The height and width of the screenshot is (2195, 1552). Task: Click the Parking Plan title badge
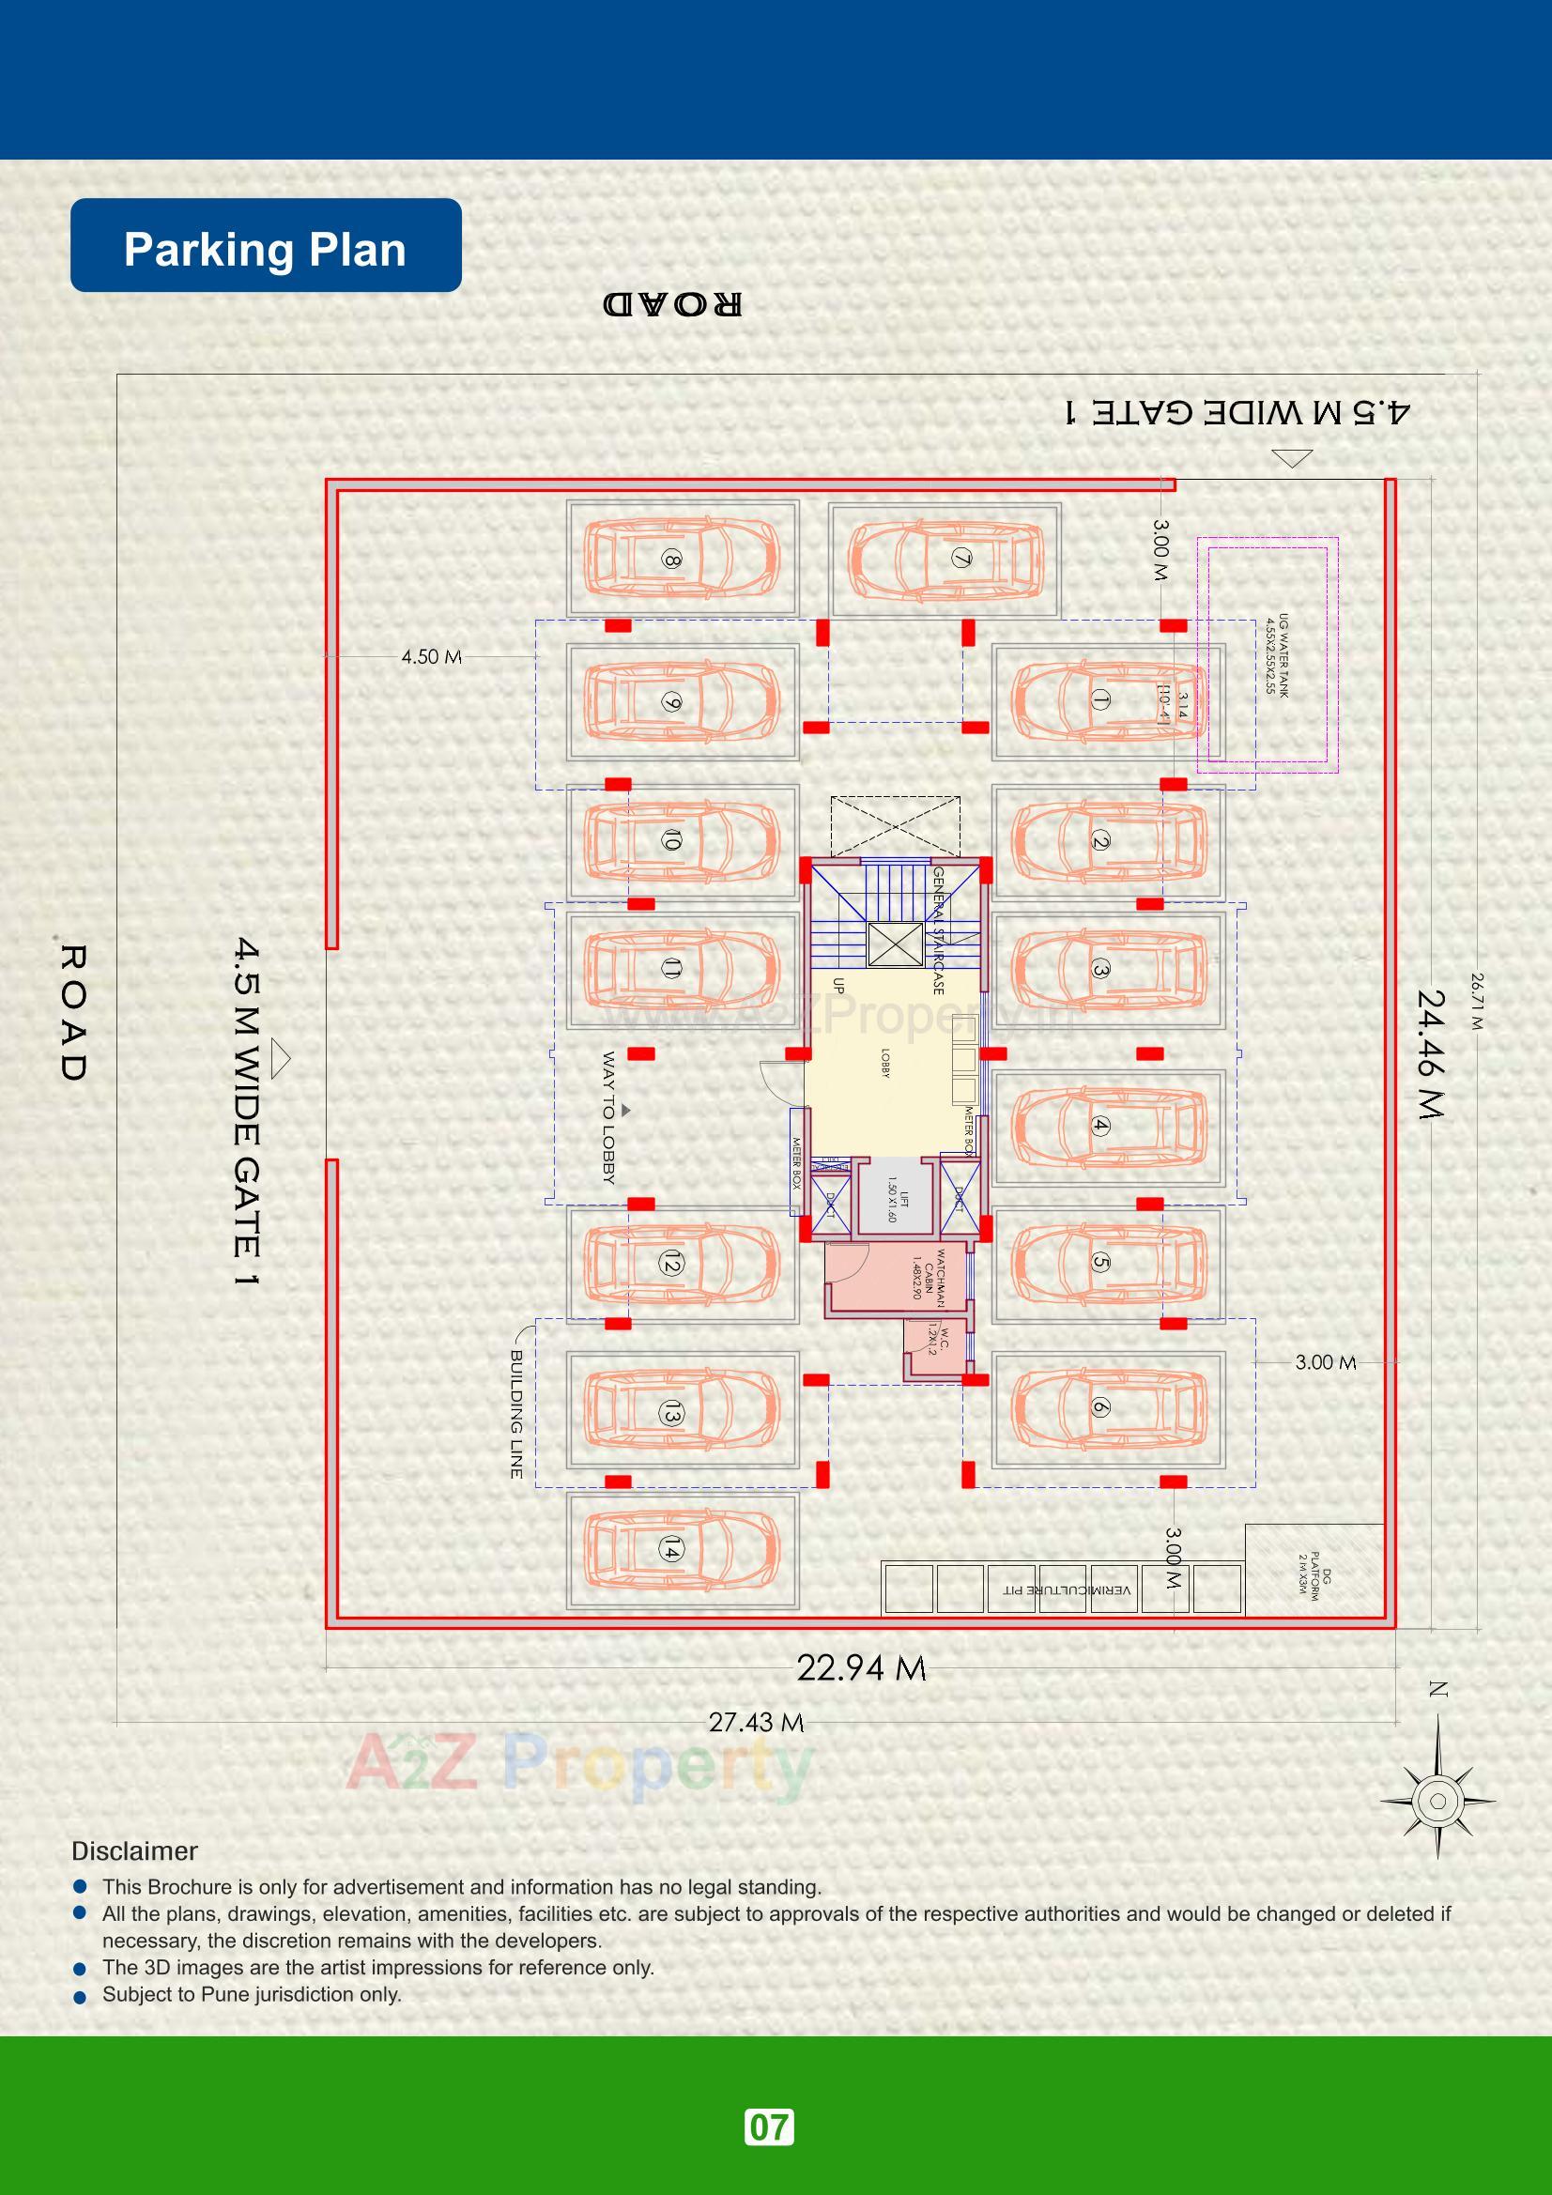coord(265,246)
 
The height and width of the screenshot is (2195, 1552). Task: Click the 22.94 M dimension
coord(861,1668)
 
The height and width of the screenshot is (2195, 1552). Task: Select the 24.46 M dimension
coord(1432,1053)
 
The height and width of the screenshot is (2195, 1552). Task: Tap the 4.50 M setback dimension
coord(431,657)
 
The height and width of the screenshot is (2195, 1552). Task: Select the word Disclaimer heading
coord(135,1851)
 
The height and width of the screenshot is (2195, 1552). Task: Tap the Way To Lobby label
coord(608,1117)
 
